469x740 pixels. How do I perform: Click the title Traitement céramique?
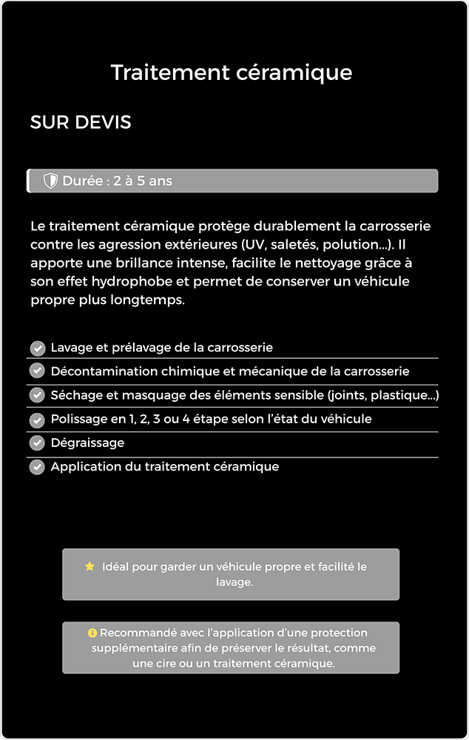tap(232, 73)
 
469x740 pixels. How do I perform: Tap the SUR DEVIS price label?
tap(81, 123)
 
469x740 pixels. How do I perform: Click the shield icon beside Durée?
tap(50, 181)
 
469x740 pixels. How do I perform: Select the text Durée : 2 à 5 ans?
tap(117, 181)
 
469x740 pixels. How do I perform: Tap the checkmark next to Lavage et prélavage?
tap(38, 348)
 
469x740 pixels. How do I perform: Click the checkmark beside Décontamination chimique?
tap(38, 371)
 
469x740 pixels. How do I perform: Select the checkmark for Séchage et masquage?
tap(38, 395)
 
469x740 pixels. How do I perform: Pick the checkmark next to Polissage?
tap(38, 420)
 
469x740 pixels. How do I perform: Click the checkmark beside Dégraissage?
tap(38, 443)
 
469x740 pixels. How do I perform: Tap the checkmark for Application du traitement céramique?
tap(38, 467)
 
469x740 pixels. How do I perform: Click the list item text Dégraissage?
tap(87, 443)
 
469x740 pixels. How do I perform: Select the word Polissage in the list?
tap(78, 419)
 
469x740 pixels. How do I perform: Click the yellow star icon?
tap(90, 566)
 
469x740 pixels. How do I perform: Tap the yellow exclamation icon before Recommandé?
tap(92, 633)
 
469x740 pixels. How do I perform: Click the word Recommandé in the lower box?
tap(136, 633)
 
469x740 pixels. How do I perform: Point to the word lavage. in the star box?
tap(234, 582)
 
